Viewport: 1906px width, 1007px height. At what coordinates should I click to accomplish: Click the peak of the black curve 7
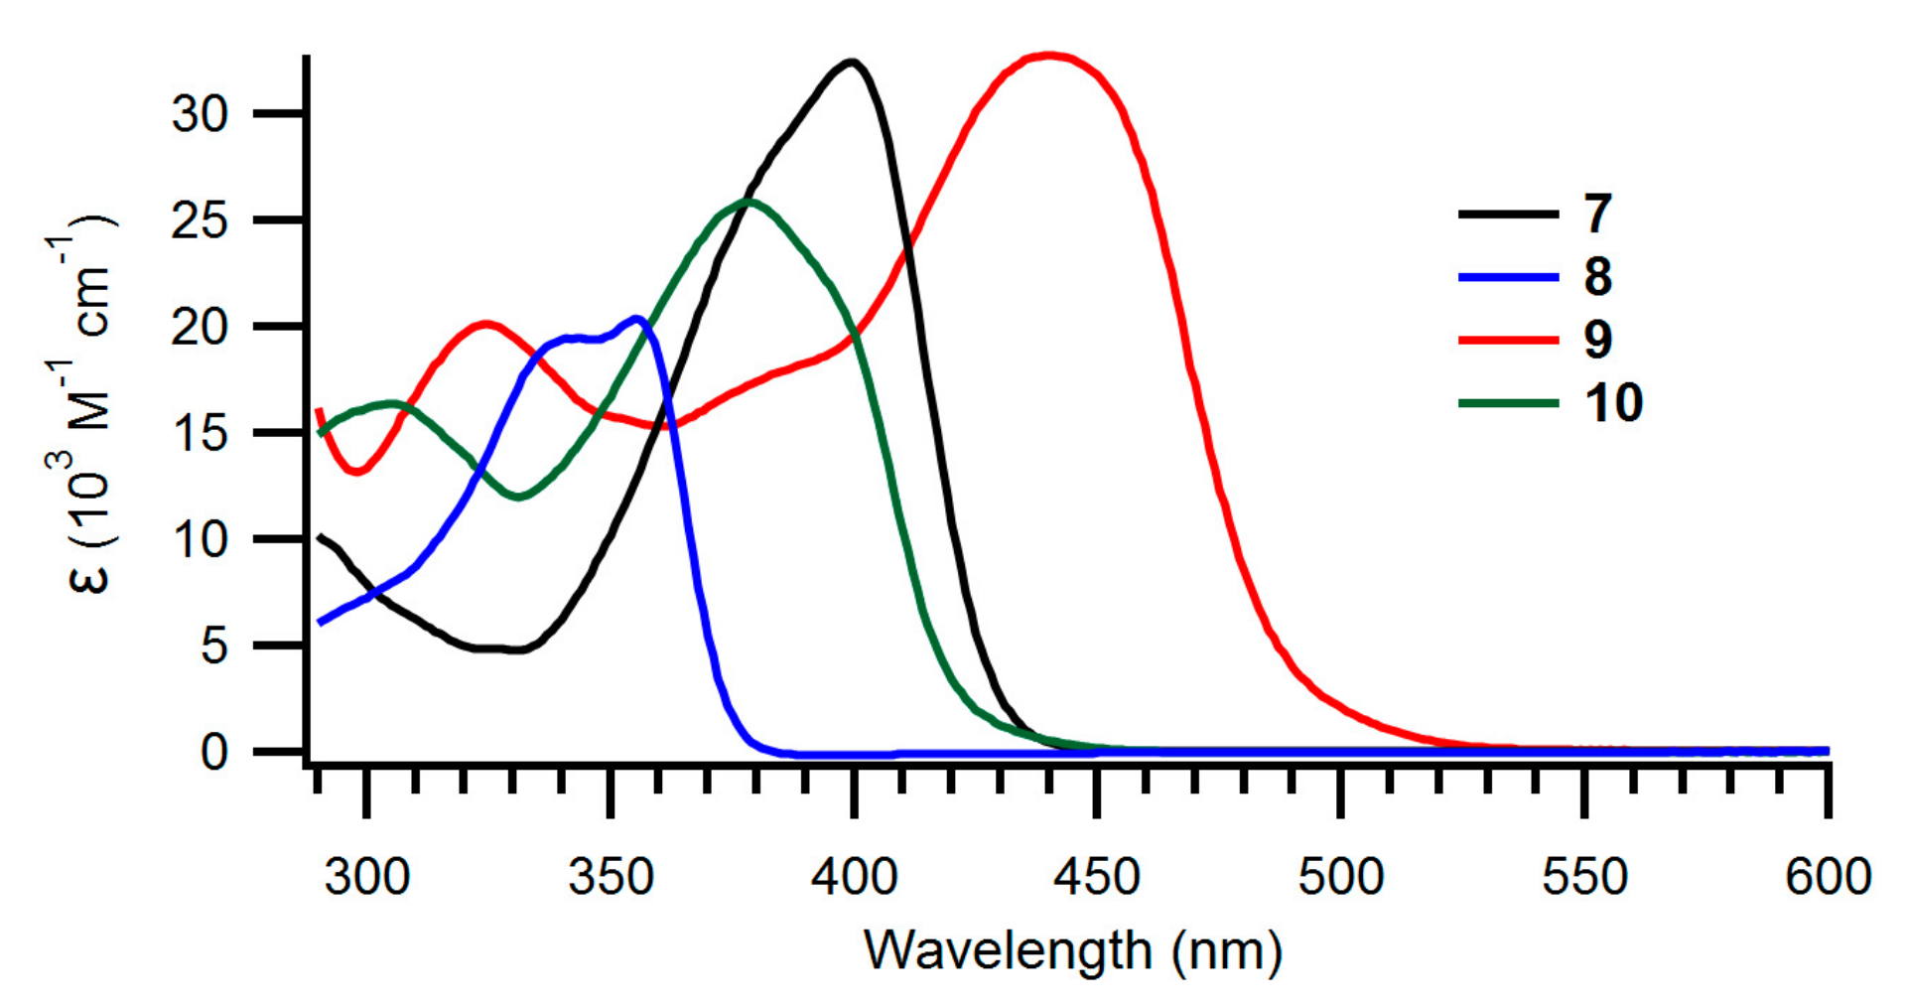pyautogui.click(x=851, y=62)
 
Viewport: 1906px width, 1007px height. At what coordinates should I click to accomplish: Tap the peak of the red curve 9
pyautogui.click(x=1049, y=56)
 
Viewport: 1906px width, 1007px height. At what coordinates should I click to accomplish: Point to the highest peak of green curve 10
pyautogui.click(x=749, y=202)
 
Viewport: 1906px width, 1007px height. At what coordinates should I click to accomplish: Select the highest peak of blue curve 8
pyautogui.click(x=638, y=319)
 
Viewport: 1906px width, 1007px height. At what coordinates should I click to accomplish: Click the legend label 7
pyautogui.click(x=1597, y=214)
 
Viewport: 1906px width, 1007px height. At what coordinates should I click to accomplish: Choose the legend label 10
pyautogui.click(x=1613, y=402)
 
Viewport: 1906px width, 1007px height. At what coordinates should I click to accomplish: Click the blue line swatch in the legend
pyautogui.click(x=1508, y=277)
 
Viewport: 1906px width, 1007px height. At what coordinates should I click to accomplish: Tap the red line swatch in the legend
pyautogui.click(x=1508, y=340)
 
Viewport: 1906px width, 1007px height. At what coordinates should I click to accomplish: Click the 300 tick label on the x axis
pyautogui.click(x=366, y=877)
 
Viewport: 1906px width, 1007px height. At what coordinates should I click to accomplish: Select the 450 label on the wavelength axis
pyautogui.click(x=1096, y=877)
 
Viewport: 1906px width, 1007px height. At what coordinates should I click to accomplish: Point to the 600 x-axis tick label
pyautogui.click(x=1828, y=877)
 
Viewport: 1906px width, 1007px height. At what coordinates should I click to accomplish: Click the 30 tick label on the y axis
pyautogui.click(x=200, y=114)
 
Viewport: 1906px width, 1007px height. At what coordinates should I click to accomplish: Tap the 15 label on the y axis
pyautogui.click(x=200, y=433)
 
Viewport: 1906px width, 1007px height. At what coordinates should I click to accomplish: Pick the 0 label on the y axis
pyautogui.click(x=213, y=752)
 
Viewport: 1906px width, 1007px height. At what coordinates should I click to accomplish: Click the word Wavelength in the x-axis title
pyautogui.click(x=1007, y=950)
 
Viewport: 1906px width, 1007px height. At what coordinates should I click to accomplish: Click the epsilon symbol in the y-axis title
pyautogui.click(x=89, y=576)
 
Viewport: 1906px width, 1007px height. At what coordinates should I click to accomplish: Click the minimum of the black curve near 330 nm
pyautogui.click(x=516, y=649)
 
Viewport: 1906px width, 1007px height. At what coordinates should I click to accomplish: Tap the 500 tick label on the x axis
pyautogui.click(x=1340, y=877)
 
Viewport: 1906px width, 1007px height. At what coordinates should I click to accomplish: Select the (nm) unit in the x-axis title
pyautogui.click(x=1226, y=950)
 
